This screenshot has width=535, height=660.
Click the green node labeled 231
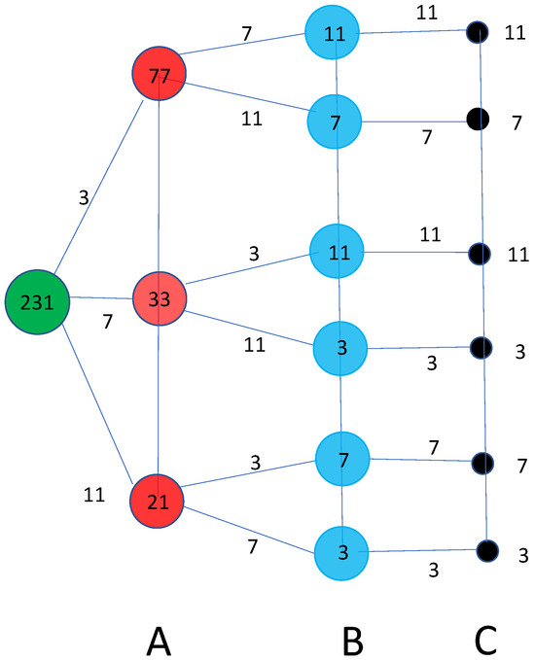pyautogui.click(x=37, y=301)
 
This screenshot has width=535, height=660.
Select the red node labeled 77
pyautogui.click(x=159, y=74)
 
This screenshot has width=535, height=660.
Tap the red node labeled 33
pyautogui.click(x=159, y=298)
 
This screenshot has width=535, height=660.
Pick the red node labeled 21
pyautogui.click(x=158, y=501)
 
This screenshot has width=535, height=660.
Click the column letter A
pyautogui.click(x=159, y=642)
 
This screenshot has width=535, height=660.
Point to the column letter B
pyautogui.click(x=352, y=642)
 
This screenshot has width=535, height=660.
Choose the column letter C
pyautogui.click(x=485, y=642)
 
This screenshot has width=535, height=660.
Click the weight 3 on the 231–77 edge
pyautogui.click(x=84, y=196)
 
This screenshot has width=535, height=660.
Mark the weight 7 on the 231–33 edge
pyautogui.click(x=108, y=321)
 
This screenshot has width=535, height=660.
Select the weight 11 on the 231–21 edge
pyautogui.click(x=94, y=494)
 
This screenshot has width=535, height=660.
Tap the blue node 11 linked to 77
pyautogui.click(x=332, y=32)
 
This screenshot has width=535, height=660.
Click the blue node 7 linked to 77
pyautogui.click(x=335, y=122)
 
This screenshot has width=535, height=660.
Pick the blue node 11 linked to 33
pyautogui.click(x=337, y=252)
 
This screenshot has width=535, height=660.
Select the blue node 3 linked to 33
pyautogui.click(x=339, y=348)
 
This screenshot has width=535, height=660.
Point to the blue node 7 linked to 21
pyautogui.click(x=342, y=459)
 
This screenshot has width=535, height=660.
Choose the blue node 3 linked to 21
pyautogui.click(x=341, y=553)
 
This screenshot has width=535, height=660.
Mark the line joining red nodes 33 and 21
pyautogui.click(x=158, y=399)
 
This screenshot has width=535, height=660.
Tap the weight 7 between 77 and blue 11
pyautogui.click(x=246, y=33)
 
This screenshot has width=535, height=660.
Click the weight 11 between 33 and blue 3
pyautogui.click(x=255, y=345)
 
